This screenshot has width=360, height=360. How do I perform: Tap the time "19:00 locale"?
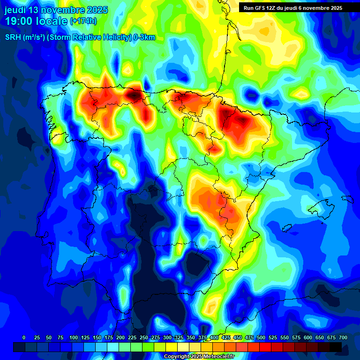[36, 21]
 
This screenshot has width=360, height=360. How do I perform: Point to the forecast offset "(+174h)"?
[83, 21]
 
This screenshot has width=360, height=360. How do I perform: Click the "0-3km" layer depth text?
[144, 37]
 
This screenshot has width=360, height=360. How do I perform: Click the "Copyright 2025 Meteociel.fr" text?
[199, 357]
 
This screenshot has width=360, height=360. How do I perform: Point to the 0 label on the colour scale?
[24, 337]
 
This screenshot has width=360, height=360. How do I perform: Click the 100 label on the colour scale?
[73, 337]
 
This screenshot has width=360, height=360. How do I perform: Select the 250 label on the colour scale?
[144, 337]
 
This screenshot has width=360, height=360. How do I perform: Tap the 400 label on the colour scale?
[214, 337]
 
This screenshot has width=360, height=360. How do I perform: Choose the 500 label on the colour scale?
[261, 337]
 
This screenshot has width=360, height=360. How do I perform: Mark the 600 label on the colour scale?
[308, 337]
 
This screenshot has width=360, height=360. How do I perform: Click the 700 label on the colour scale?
[343, 337]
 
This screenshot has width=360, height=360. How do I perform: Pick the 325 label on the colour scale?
[179, 337]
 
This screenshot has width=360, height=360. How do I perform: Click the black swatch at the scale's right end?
[336, 347]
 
